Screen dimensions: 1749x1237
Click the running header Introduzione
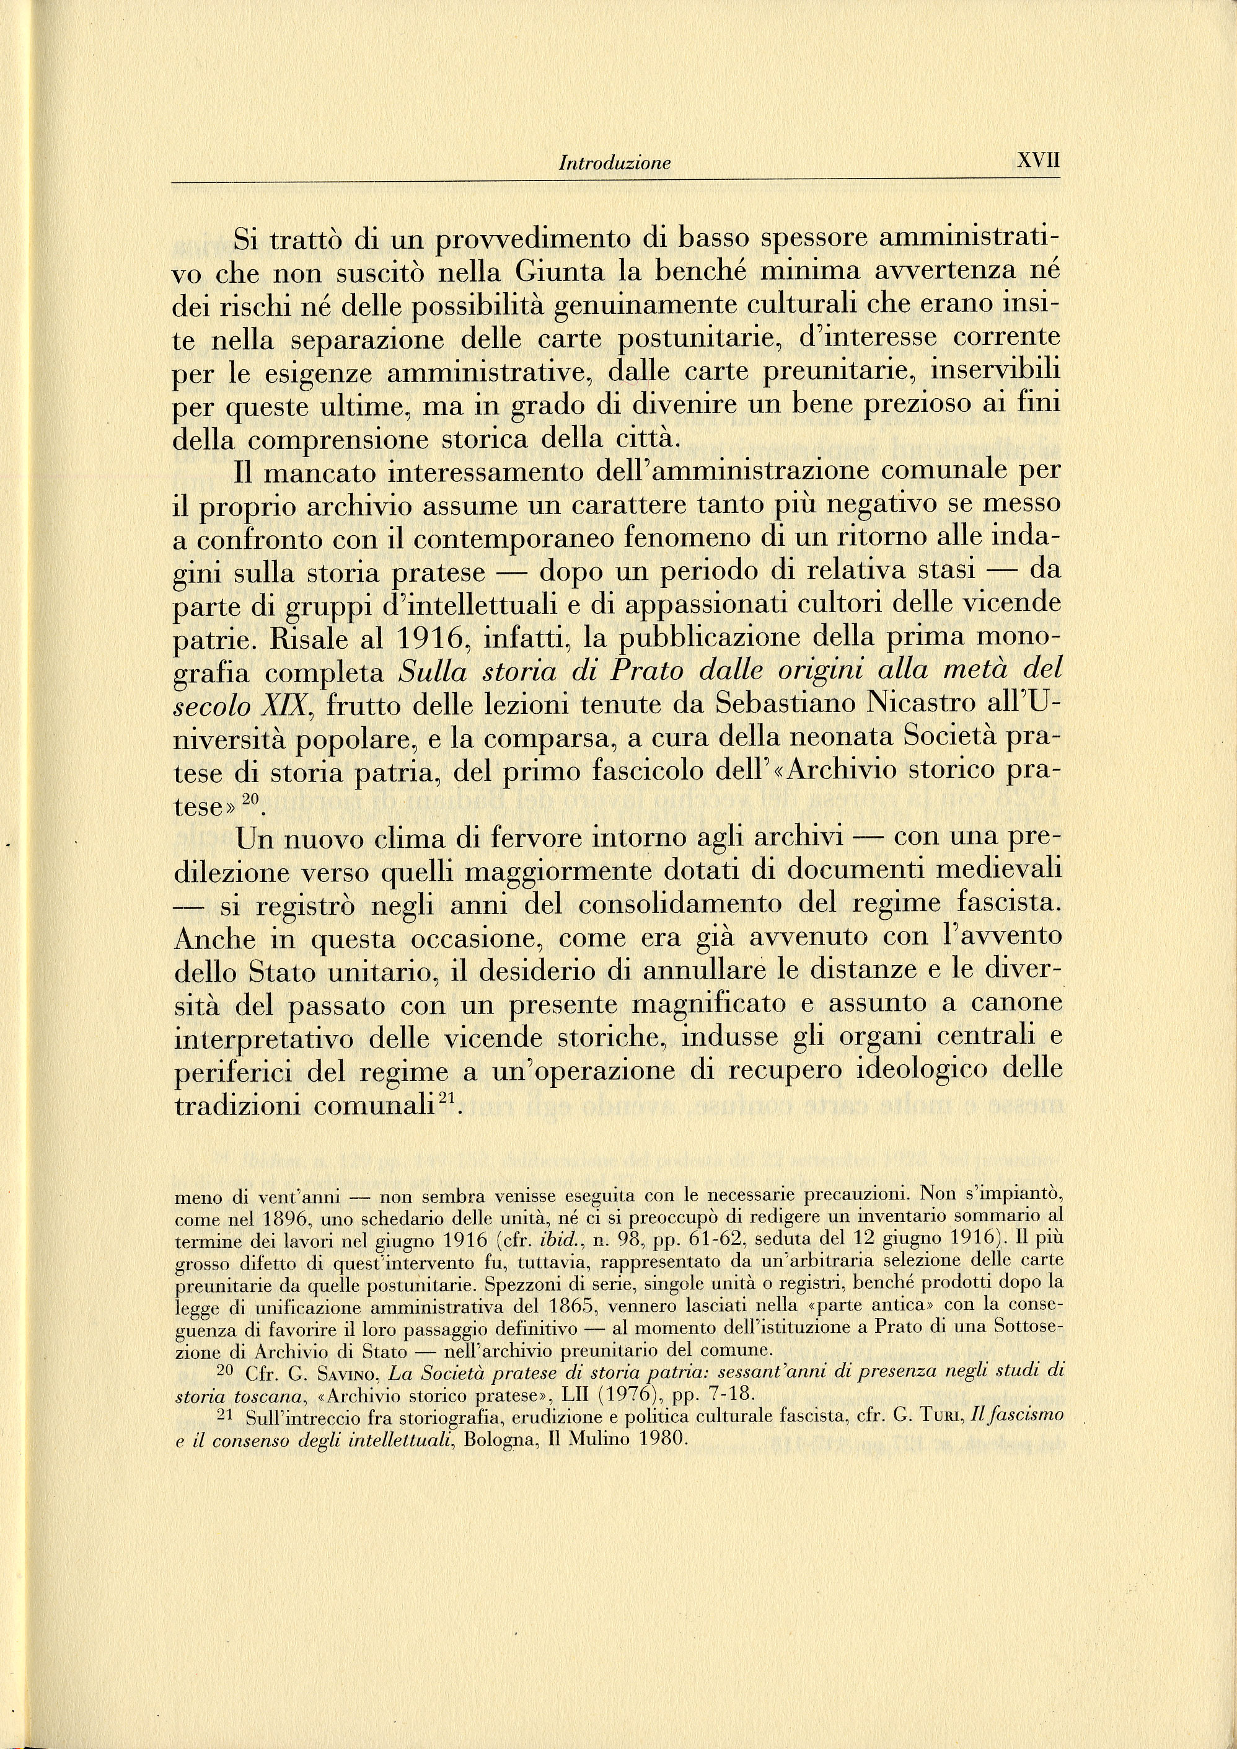tap(614, 163)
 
